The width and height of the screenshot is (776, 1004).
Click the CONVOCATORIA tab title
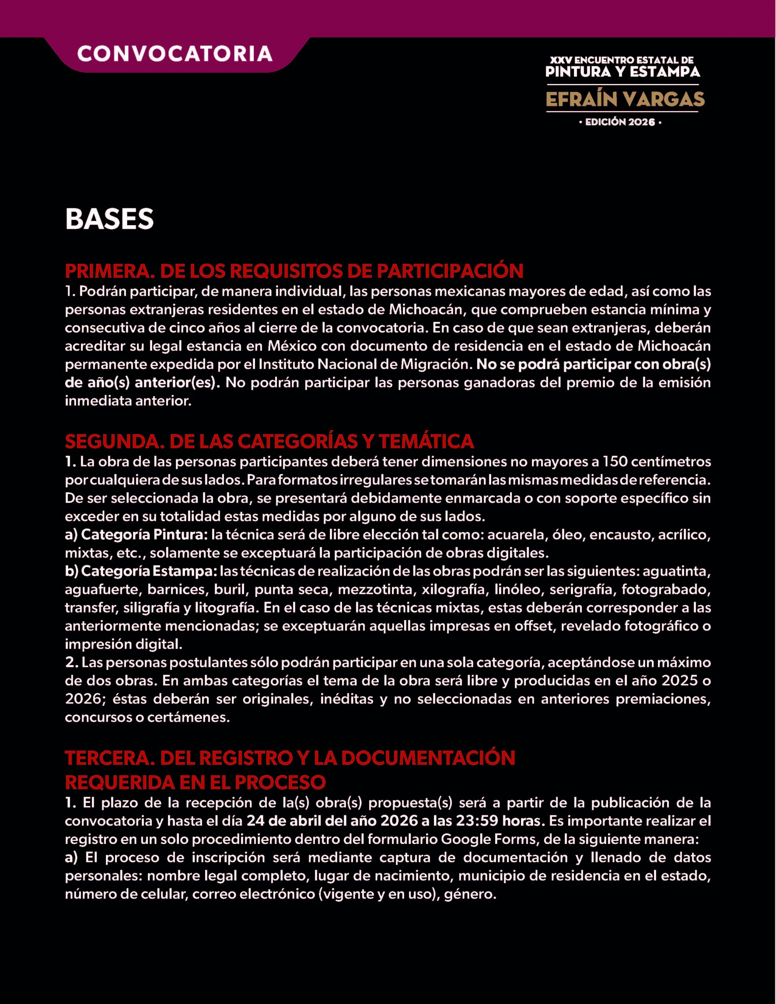tap(175, 54)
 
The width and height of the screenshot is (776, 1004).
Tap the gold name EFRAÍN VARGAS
tap(625, 99)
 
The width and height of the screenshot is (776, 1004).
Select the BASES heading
tap(109, 219)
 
